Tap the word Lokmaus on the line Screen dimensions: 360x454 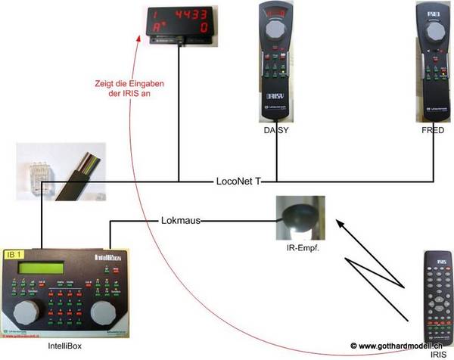[x=182, y=221]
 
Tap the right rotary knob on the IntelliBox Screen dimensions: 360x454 [x=107, y=311]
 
